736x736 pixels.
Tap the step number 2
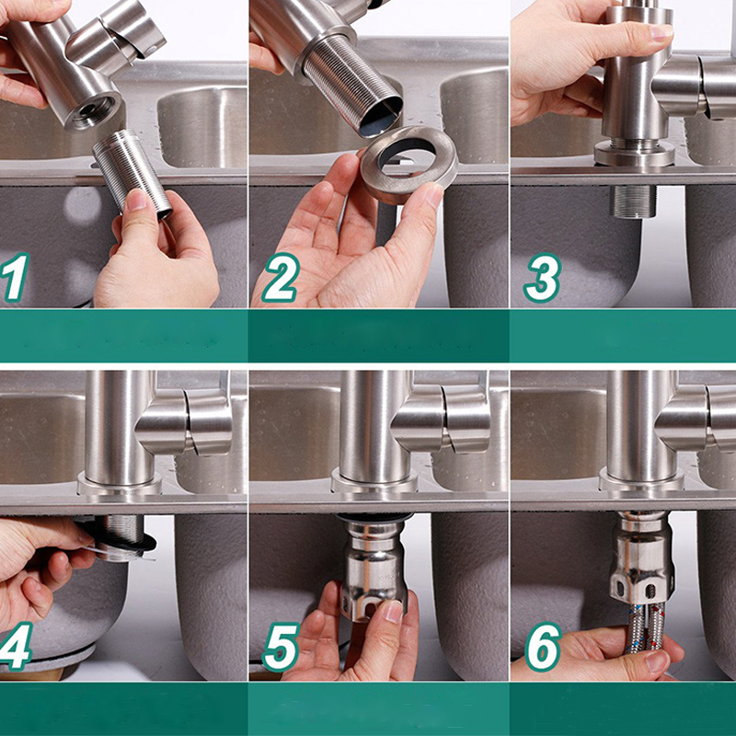pos(280,277)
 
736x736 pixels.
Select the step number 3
pos(543,277)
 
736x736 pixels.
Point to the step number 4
pos(15,647)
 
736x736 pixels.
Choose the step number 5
pos(281,647)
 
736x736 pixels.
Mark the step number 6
pos(544,647)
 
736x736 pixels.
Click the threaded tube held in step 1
pos(132,174)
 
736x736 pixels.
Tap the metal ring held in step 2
pos(408,165)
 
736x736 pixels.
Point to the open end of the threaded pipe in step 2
pos(381,118)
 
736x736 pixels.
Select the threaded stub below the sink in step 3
pos(633,201)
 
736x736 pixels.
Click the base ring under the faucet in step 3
pos(635,154)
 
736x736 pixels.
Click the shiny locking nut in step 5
pos(374,567)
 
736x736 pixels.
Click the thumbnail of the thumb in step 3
pos(661,31)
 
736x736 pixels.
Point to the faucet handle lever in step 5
pos(442,418)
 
